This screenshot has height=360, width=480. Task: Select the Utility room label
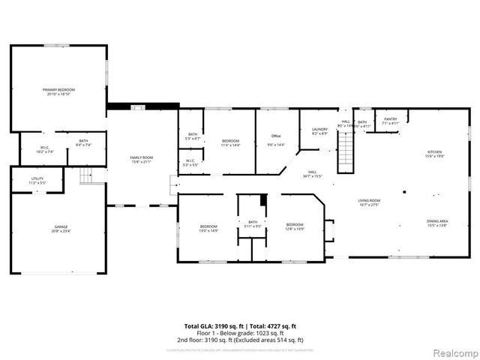tap(37, 180)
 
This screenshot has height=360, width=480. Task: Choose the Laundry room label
tap(319, 131)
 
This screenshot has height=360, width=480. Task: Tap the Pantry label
tap(390, 121)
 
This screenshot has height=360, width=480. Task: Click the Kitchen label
tap(435, 154)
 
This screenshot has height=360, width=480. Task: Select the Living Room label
tap(368, 202)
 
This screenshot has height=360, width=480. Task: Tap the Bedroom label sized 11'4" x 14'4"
tap(230, 142)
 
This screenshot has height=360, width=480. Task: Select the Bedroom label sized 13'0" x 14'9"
tap(208, 228)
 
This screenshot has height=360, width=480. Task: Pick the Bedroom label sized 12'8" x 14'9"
tap(295, 226)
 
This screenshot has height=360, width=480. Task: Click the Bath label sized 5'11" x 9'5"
tap(253, 223)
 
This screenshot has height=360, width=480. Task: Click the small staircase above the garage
tap(90, 175)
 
